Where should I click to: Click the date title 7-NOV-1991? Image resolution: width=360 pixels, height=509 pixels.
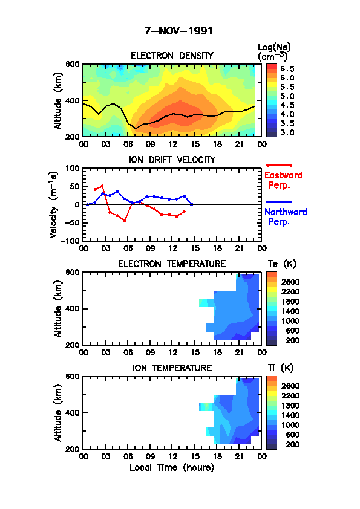point(178,31)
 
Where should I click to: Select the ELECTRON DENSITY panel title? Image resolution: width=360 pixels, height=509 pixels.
point(172,56)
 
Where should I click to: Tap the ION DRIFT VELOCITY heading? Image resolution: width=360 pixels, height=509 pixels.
point(172,160)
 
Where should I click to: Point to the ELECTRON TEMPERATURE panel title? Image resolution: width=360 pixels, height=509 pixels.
point(172,264)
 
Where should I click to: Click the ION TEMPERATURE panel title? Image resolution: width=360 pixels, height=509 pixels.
point(172,368)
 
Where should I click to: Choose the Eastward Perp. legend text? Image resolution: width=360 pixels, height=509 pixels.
point(283,180)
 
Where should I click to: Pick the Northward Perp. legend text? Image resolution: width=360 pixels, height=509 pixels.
point(286,217)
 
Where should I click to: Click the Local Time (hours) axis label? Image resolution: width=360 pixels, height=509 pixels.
point(172,468)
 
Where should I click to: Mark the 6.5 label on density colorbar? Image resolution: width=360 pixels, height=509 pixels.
point(287,69)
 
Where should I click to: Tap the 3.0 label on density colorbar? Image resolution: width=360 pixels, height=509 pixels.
point(287,132)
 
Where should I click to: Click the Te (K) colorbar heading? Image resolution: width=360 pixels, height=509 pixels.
point(282,264)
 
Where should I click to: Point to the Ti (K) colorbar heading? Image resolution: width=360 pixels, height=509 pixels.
point(281,368)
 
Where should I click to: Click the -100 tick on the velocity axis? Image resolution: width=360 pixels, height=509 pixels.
point(72,241)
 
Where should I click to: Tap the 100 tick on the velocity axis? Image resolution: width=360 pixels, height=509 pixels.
point(73,169)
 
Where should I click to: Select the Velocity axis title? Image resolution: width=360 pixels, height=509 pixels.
point(54,205)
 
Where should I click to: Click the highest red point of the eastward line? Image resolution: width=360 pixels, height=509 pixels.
point(102,186)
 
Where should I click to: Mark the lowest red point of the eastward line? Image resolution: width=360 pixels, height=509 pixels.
point(125,221)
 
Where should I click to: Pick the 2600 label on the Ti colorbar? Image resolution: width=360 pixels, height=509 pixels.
point(290,386)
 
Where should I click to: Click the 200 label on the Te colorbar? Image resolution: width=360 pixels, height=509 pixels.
point(292,340)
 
